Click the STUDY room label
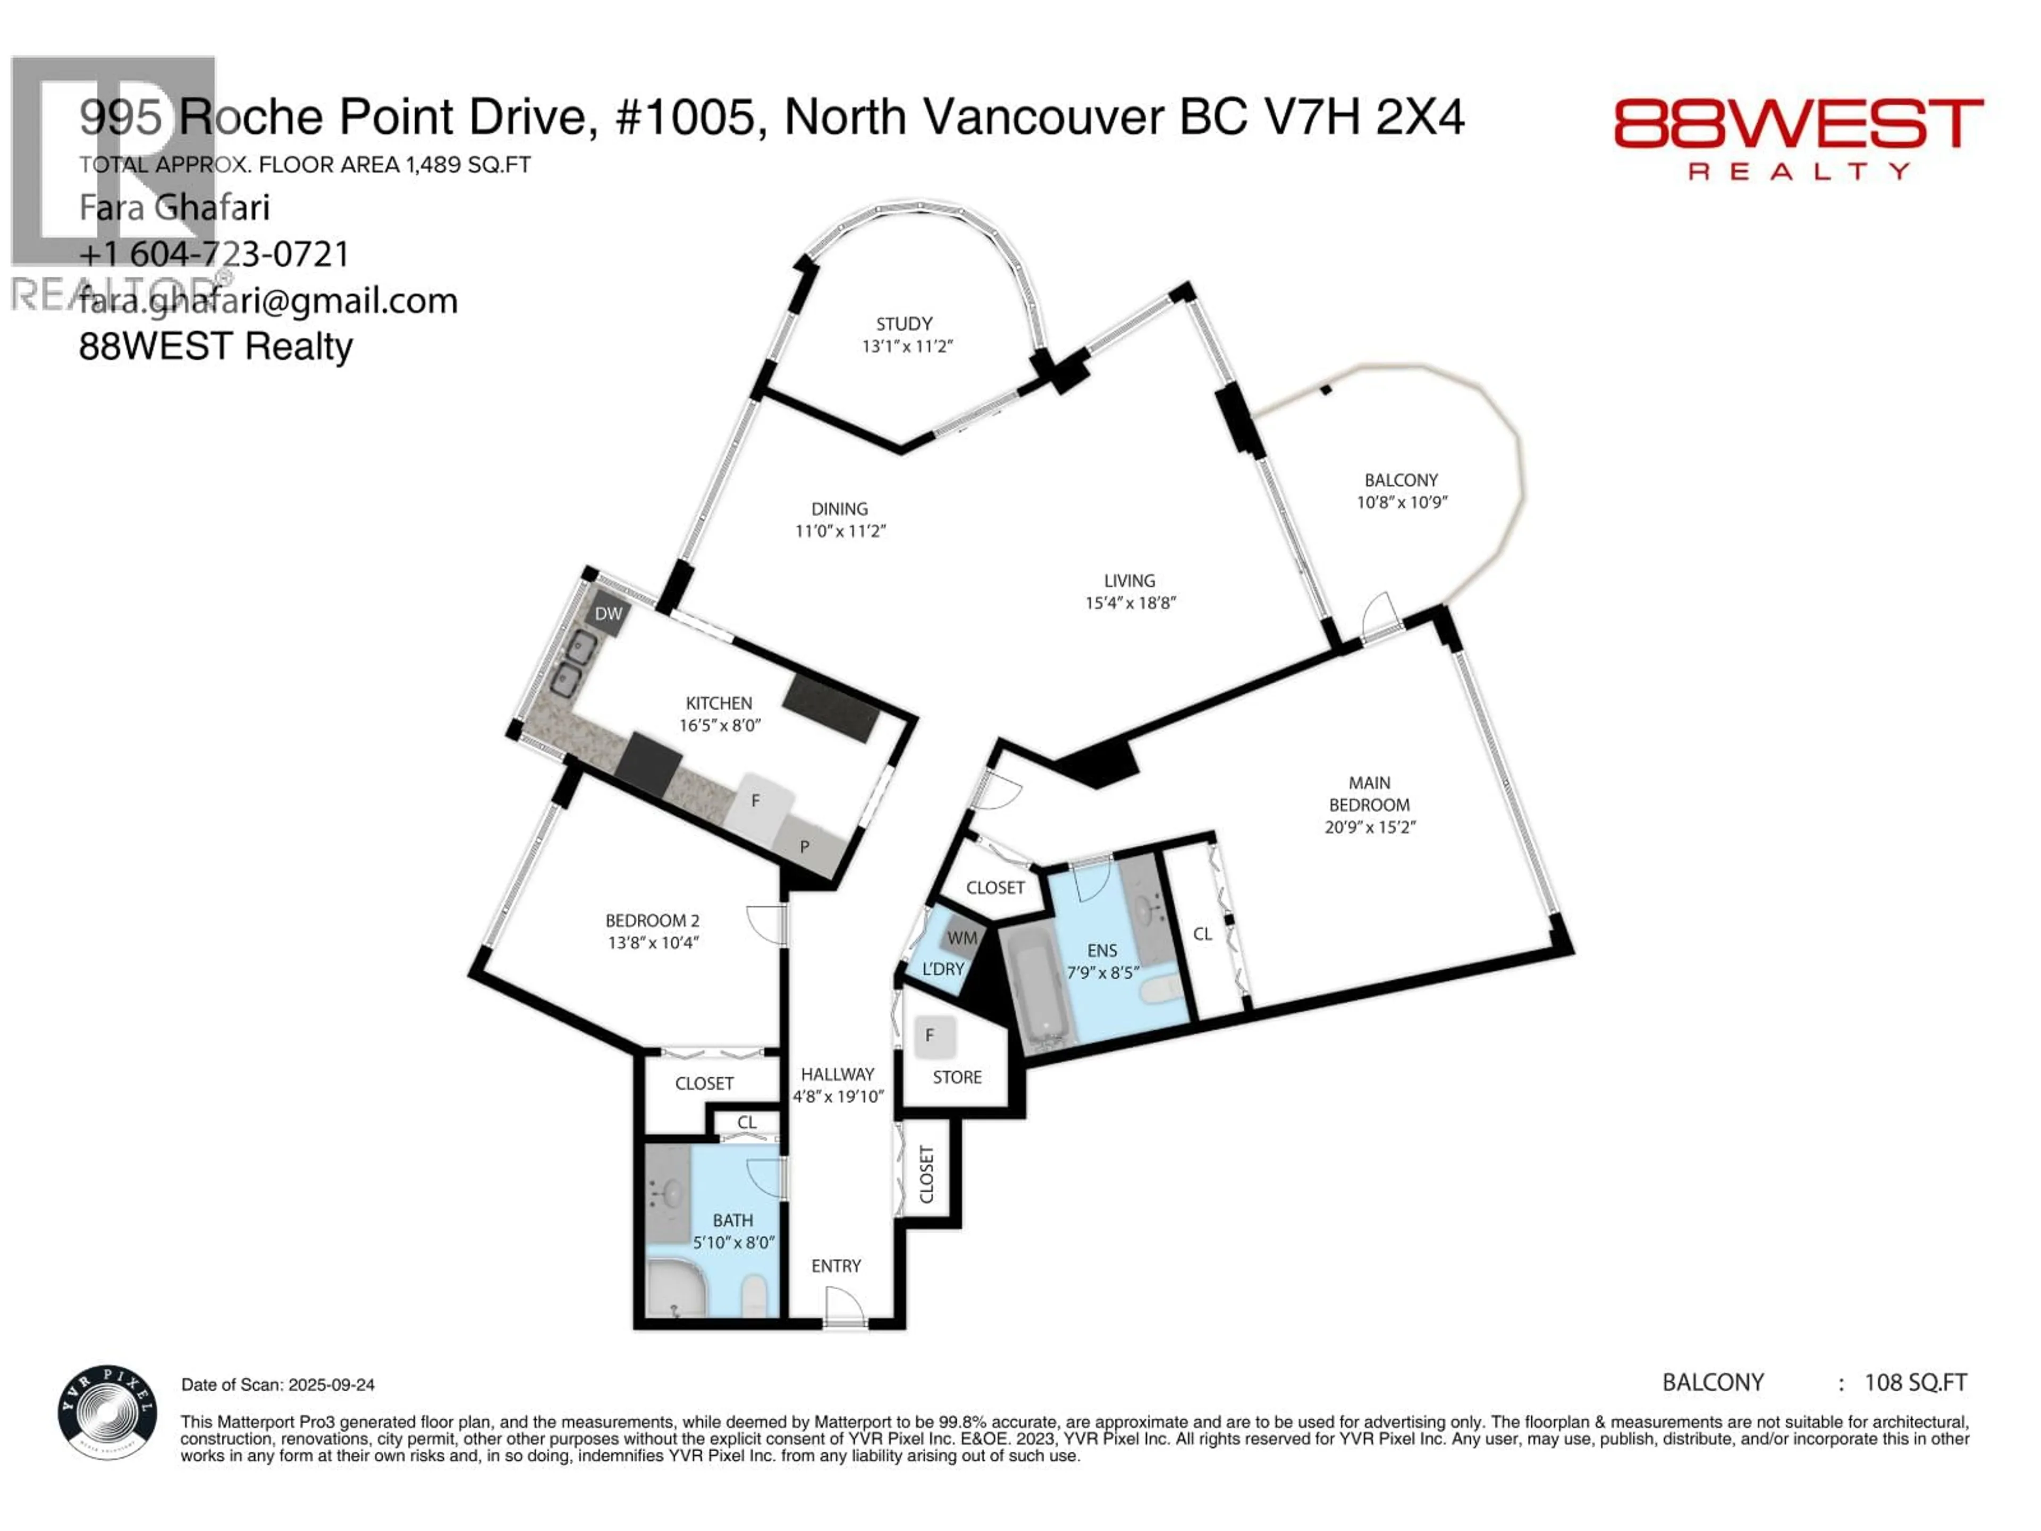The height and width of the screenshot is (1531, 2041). click(904, 324)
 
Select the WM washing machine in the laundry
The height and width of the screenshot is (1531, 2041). click(962, 938)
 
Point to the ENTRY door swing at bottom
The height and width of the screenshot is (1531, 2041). click(844, 1305)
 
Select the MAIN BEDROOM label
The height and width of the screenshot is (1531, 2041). click(1369, 794)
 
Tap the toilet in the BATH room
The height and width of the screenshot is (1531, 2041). click(755, 1295)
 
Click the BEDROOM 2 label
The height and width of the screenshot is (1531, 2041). click(652, 920)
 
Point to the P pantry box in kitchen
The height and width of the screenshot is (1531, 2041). click(806, 846)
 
